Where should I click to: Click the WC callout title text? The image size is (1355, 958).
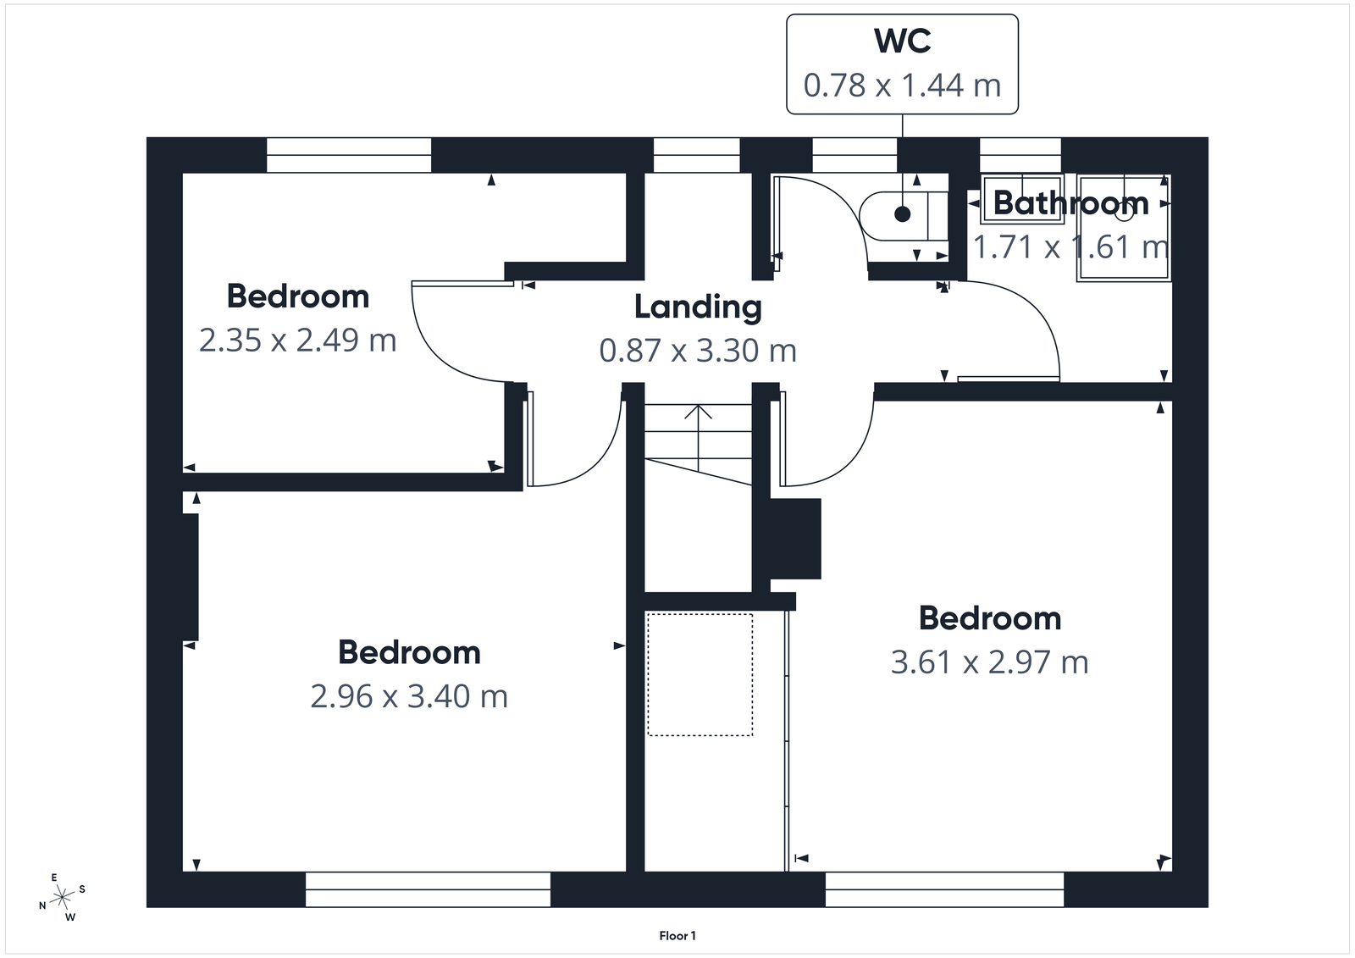click(902, 42)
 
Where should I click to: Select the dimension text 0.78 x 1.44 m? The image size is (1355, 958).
click(902, 86)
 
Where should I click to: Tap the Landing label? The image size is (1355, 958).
click(698, 307)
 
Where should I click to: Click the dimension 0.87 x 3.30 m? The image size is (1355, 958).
click(698, 350)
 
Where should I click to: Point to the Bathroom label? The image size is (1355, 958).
click(1070, 203)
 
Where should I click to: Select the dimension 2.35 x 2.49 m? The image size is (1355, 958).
click(297, 341)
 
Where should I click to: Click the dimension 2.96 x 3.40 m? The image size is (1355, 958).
click(409, 696)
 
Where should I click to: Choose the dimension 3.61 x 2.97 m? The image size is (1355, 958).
click(989, 662)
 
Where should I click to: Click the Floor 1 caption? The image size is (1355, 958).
click(677, 936)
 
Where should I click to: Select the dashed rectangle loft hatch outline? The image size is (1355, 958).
click(700, 675)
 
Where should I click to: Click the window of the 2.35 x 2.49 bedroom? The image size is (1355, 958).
click(348, 156)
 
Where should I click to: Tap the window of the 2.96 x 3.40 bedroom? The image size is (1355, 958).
click(428, 889)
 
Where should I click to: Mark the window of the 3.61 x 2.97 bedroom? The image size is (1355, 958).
click(944, 889)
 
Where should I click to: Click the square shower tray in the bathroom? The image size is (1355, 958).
click(1124, 227)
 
